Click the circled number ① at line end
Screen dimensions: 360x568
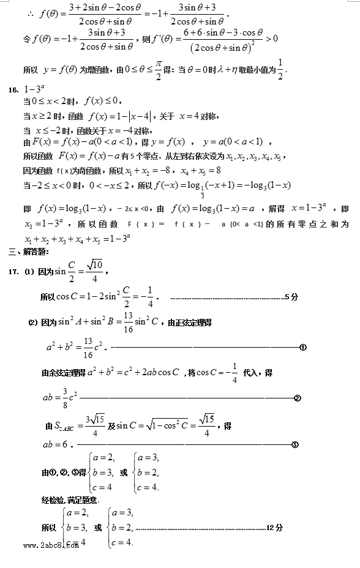(303, 348)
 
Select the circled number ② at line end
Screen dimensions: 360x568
(298, 398)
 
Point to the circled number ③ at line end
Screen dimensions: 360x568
(294, 444)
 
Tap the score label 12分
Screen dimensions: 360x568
(275, 527)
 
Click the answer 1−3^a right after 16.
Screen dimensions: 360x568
(34, 90)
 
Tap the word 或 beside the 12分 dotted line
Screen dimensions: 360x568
(98, 527)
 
